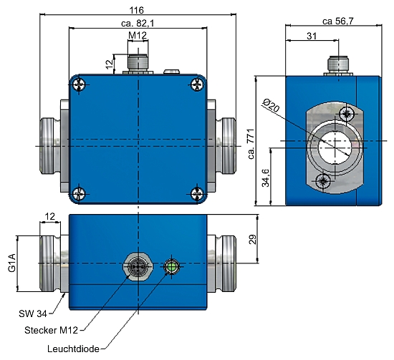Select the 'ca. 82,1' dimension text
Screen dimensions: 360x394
click(x=138, y=24)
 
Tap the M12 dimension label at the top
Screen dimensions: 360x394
click(x=138, y=36)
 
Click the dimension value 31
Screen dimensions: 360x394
click(x=311, y=36)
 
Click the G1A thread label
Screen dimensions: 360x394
click(x=12, y=262)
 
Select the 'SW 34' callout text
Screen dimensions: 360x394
click(x=32, y=313)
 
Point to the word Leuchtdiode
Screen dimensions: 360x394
click(x=72, y=349)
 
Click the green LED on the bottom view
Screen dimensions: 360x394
click(x=171, y=268)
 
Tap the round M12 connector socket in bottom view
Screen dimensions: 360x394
click(x=138, y=267)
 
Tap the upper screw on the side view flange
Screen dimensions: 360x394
click(x=348, y=114)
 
